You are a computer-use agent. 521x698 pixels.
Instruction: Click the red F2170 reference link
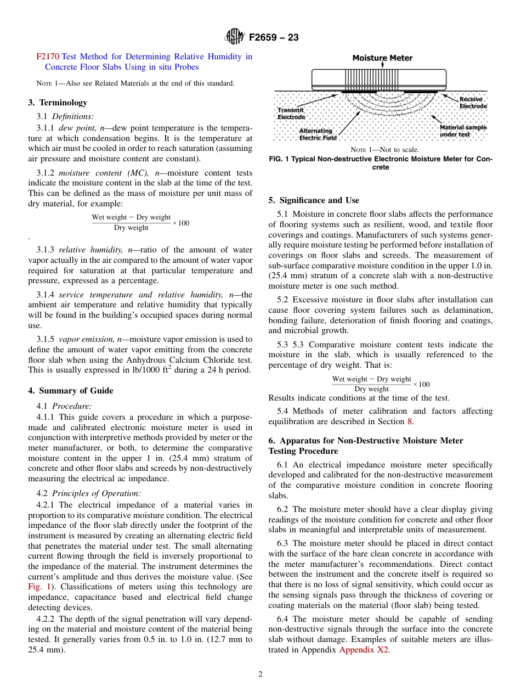click(x=48, y=57)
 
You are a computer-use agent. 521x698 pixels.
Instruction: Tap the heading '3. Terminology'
click(x=58, y=103)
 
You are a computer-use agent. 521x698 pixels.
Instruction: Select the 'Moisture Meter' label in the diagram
click(x=382, y=58)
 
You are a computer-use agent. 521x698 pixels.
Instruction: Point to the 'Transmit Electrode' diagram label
click(x=291, y=114)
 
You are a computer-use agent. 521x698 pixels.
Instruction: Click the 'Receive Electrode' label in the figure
click(x=472, y=103)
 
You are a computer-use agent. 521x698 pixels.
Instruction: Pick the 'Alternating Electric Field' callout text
click(x=318, y=134)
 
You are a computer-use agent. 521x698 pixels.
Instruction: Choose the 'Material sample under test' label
click(x=463, y=131)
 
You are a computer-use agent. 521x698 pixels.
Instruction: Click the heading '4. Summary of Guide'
click(x=71, y=391)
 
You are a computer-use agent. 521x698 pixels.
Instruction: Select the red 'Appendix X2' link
click(x=364, y=650)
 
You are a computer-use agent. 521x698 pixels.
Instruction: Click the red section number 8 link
click(x=409, y=421)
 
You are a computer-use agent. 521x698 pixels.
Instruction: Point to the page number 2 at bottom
click(x=260, y=674)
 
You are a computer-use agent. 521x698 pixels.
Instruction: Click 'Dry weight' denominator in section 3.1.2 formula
click(x=131, y=228)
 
